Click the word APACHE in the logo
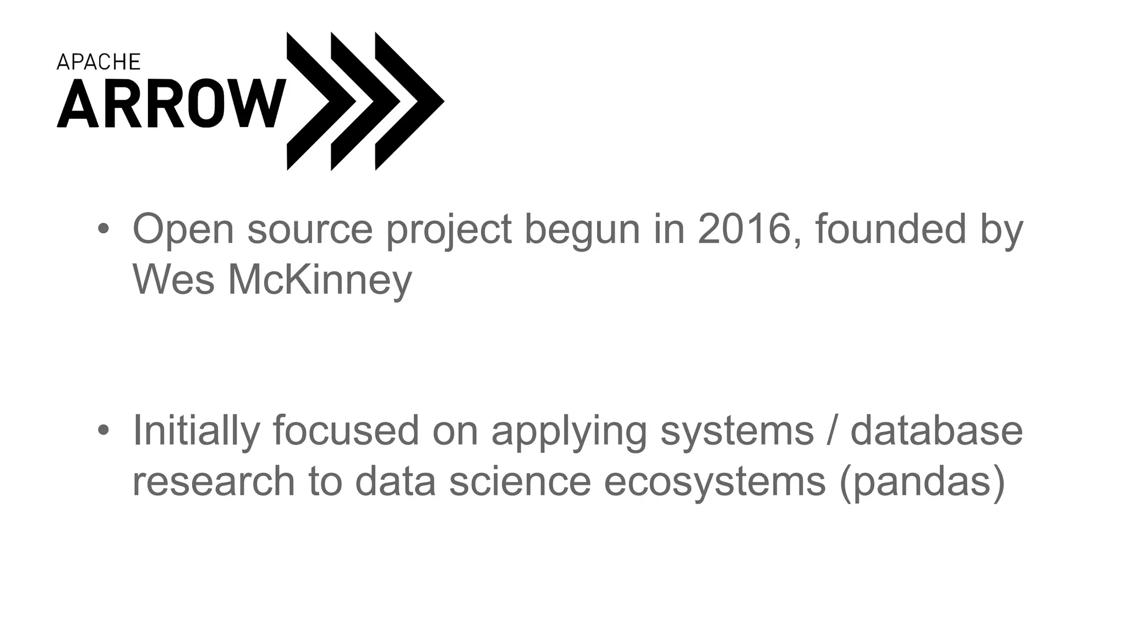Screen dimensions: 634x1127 99,62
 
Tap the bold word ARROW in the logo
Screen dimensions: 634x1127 171,103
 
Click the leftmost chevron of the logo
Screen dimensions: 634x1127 314,101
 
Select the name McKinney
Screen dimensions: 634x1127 320,281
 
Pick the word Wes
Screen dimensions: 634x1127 173,280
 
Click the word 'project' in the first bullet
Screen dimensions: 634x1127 448,231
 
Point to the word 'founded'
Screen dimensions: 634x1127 890,229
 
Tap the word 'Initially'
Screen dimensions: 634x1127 196,431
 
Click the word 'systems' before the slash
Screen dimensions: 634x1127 736,431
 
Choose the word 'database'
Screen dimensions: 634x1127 936,430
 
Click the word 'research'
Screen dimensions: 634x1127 214,481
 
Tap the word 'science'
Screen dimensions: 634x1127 520,481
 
